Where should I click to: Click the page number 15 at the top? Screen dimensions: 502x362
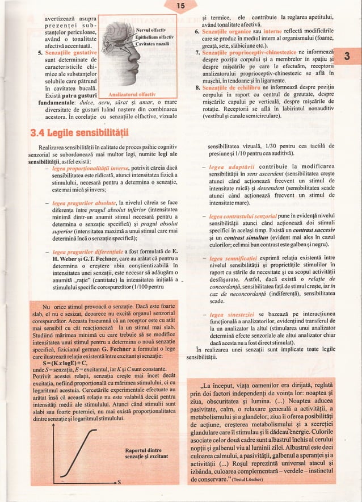(x=181, y=6)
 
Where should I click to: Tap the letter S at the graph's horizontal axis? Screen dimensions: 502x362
(x=120, y=482)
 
